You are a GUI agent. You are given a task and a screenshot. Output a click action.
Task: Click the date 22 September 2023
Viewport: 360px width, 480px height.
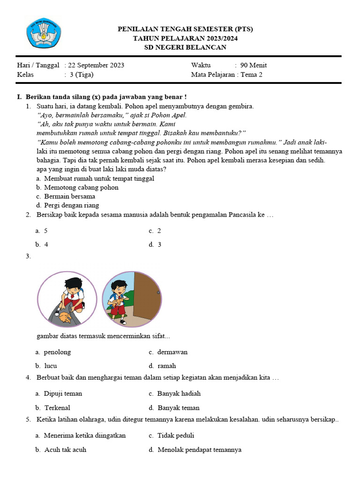click(96, 65)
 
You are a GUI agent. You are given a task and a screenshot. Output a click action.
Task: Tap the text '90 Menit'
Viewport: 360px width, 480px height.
click(253, 65)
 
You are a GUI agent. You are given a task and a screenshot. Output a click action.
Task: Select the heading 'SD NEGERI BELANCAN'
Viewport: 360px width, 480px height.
click(185, 47)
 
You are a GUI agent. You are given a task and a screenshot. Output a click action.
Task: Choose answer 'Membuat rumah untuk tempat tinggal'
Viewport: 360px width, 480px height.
click(98, 179)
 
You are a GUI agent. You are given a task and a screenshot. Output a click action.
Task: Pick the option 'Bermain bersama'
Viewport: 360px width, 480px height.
click(69, 196)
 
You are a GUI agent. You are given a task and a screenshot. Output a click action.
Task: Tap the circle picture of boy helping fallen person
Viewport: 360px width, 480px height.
click(67, 299)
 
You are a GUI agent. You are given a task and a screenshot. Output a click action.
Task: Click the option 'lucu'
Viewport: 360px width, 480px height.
click(51, 366)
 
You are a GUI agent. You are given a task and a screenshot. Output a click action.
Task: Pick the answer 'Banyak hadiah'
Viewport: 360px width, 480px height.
click(179, 393)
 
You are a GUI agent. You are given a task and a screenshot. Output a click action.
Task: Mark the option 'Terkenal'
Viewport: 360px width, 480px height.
click(57, 408)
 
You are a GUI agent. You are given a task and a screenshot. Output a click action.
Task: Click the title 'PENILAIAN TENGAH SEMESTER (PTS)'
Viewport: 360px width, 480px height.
click(185, 29)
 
